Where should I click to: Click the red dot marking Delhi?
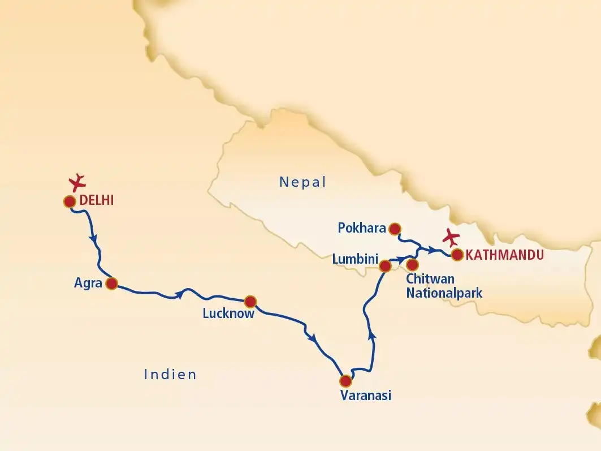[70, 201]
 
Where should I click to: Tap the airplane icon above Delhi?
[77, 182]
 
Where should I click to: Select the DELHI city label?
[97, 200]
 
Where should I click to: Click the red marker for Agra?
[112, 284]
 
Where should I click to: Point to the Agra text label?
[88, 283]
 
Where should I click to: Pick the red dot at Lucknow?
[250, 301]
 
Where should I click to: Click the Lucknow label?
[228, 313]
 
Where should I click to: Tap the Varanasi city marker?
[345, 380]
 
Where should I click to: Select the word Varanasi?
[366, 395]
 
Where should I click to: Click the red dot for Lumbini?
[385, 266]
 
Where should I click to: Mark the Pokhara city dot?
[395, 229]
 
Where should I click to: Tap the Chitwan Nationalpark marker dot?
[413, 264]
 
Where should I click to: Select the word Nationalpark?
[444, 293]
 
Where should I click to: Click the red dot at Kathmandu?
[457, 255]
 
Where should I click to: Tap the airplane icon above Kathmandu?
[452, 238]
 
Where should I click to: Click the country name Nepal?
[303, 182]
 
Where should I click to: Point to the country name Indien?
[170, 374]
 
